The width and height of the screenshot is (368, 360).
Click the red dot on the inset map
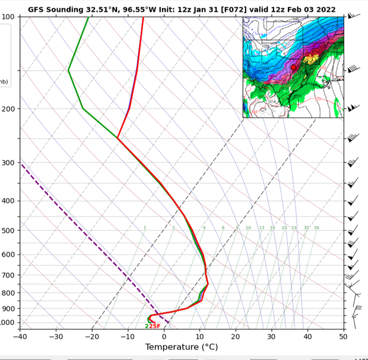[x=293, y=68]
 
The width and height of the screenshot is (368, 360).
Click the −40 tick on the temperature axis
[x=20, y=337]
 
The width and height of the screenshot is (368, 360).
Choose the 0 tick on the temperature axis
[x=164, y=337]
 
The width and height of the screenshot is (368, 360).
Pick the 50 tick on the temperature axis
[x=344, y=337]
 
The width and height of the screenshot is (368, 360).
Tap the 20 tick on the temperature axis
[x=236, y=337]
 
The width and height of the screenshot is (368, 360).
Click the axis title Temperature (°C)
[x=181, y=348]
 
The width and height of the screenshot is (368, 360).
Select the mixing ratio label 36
[x=316, y=228]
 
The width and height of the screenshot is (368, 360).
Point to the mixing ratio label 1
[x=144, y=228]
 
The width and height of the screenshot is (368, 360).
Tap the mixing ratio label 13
[x=261, y=228]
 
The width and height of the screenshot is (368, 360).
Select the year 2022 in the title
[x=323, y=10]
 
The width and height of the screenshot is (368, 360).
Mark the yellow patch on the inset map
[x=310, y=59]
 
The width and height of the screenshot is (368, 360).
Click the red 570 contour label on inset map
[x=318, y=99]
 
